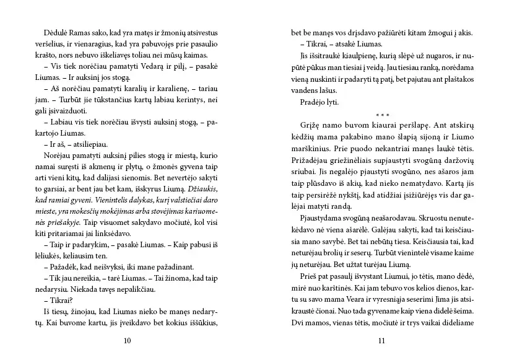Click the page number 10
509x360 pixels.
[127, 340]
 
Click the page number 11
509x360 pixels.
[381, 340]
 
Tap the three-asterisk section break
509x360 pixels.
[382, 115]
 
